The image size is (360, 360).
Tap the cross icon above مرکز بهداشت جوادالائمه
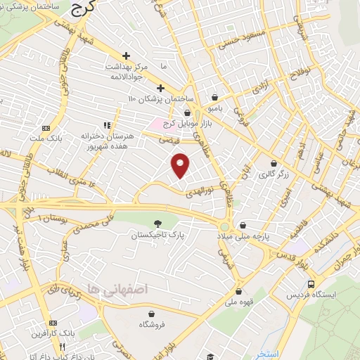click(x=126, y=55)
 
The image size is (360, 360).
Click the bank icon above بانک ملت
click(x=46, y=128)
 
